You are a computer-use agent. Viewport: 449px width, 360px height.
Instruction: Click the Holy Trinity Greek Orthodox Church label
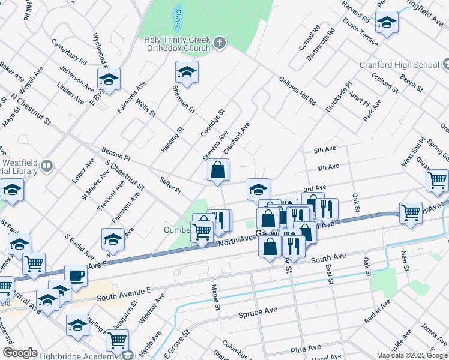177,44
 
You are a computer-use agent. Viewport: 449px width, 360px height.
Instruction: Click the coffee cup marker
76,275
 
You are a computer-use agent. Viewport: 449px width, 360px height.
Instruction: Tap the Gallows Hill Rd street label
297,91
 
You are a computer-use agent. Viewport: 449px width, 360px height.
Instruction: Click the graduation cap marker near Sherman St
187,73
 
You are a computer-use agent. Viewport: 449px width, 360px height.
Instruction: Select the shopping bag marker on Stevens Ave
217,170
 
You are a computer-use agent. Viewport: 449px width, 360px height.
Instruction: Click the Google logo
20,353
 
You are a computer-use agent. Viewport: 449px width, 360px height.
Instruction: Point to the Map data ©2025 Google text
412,355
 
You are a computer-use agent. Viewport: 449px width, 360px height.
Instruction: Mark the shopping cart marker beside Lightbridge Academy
118,340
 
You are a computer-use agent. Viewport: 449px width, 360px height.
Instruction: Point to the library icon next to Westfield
47,166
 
